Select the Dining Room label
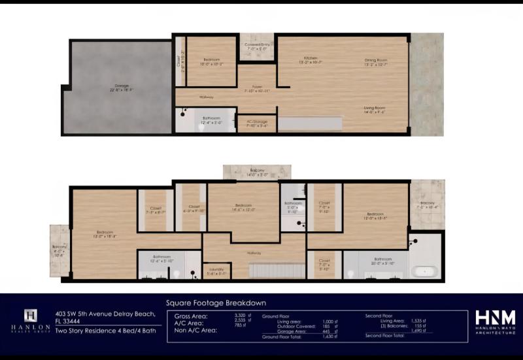375,61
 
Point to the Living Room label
375,108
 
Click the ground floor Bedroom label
211,61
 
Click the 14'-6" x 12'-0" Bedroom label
244,208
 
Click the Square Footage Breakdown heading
216,303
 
